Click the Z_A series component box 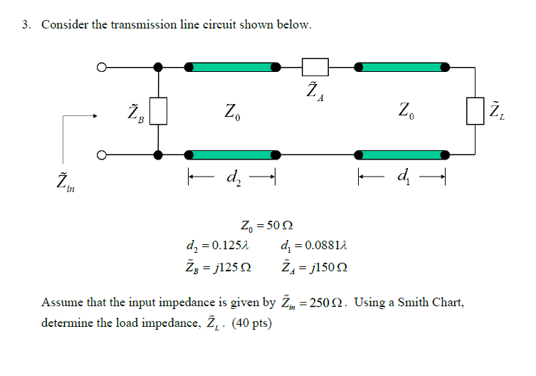(x=315, y=67)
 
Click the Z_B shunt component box (x=158, y=111)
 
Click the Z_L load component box (x=475, y=111)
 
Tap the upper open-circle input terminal (x=102, y=68)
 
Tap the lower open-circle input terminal (x=102, y=155)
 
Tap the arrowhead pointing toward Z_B (x=93, y=118)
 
